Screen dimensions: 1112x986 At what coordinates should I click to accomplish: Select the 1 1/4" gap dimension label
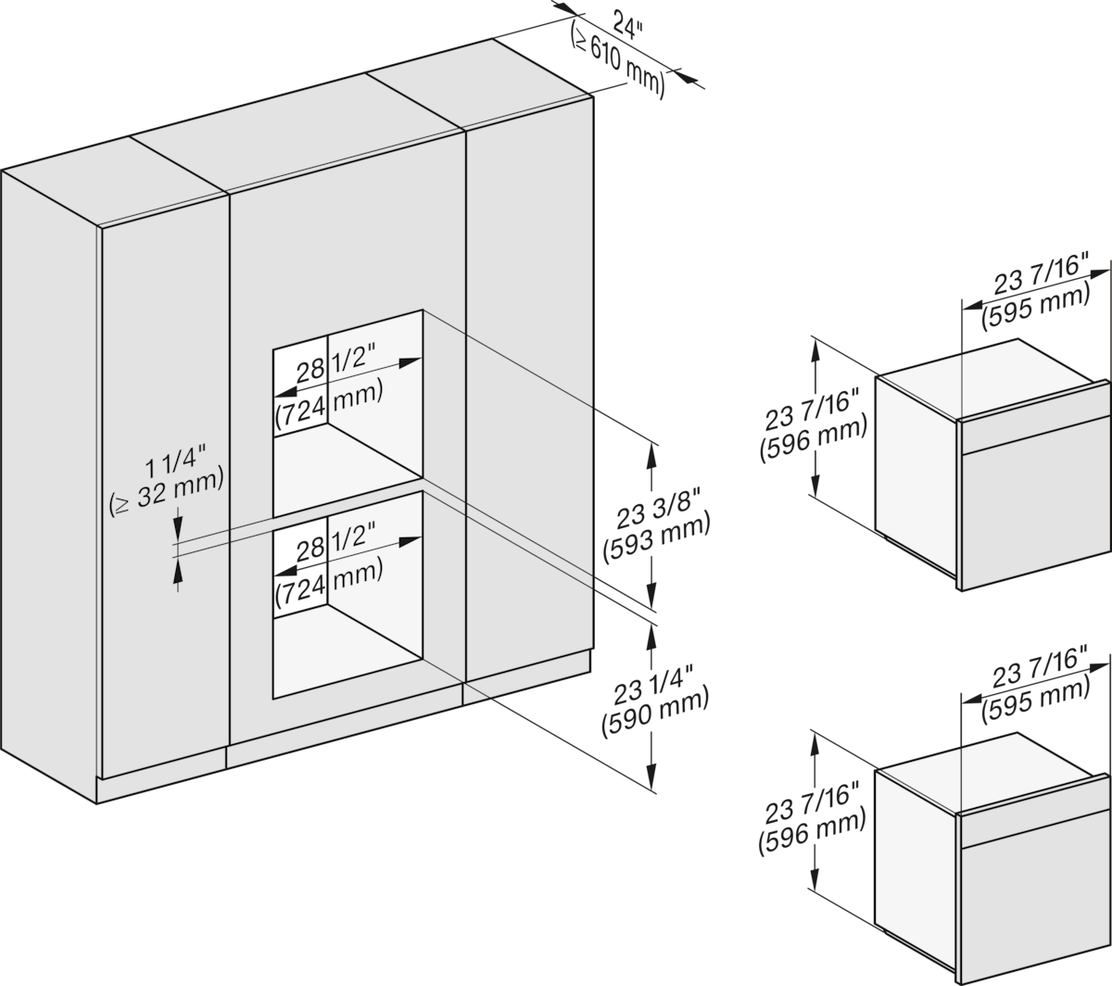[175, 460]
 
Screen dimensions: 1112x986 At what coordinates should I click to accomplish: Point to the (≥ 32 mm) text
[166, 490]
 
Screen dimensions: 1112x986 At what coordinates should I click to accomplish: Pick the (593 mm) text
[656, 537]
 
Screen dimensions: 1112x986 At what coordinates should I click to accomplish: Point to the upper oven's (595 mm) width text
[1035, 308]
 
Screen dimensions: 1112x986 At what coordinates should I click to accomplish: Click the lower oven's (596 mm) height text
[812, 833]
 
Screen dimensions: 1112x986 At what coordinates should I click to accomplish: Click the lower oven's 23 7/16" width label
[1039, 667]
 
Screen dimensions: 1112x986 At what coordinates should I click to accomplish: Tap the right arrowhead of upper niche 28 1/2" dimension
[411, 361]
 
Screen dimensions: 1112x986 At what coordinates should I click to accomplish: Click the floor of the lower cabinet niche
[347, 638]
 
